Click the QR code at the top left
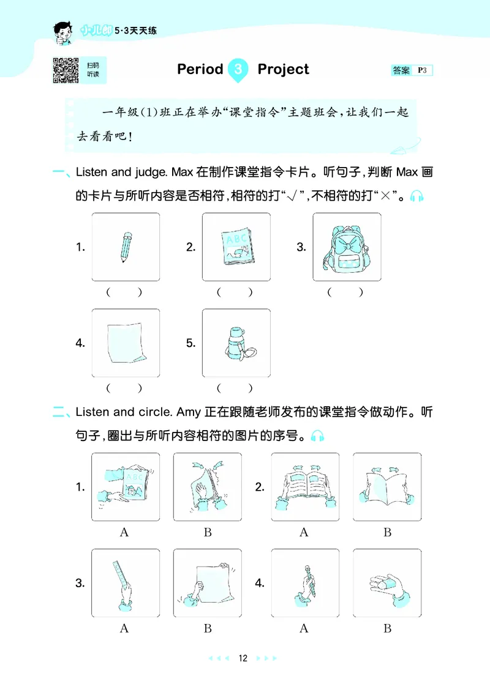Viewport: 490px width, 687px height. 66,70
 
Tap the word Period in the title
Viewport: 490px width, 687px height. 200,69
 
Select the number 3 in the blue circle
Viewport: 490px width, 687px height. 239,70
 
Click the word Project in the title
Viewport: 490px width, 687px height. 283,69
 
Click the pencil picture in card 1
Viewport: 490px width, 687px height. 126,247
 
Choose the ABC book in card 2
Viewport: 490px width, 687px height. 236,247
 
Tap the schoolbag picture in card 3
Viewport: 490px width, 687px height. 346,247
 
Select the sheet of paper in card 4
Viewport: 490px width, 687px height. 126,343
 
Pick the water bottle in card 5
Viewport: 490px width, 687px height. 236,343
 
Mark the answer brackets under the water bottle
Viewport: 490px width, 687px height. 235,388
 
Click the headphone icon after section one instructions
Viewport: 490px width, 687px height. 417,196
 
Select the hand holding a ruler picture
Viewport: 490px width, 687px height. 125,582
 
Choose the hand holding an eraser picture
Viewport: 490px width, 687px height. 387,582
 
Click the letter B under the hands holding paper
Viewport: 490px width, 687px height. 208,628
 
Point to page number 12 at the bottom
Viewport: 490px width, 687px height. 243,658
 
